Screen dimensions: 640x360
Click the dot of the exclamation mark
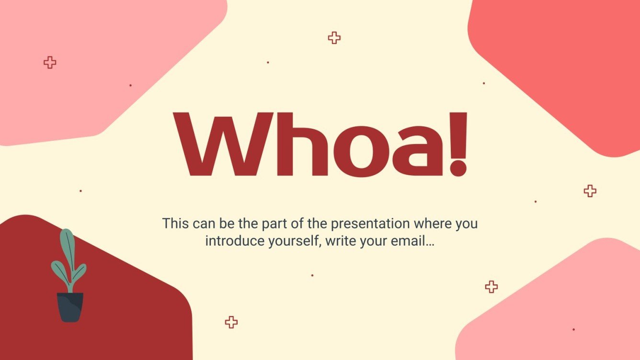point(458,168)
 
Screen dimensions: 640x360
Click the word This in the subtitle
point(175,223)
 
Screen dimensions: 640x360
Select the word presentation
point(371,224)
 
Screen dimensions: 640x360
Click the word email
point(412,241)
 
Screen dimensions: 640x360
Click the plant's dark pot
point(70,307)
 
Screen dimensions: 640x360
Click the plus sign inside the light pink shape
point(50,62)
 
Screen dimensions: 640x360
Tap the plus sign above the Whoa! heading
point(334,38)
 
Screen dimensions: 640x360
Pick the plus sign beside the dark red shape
point(231,322)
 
